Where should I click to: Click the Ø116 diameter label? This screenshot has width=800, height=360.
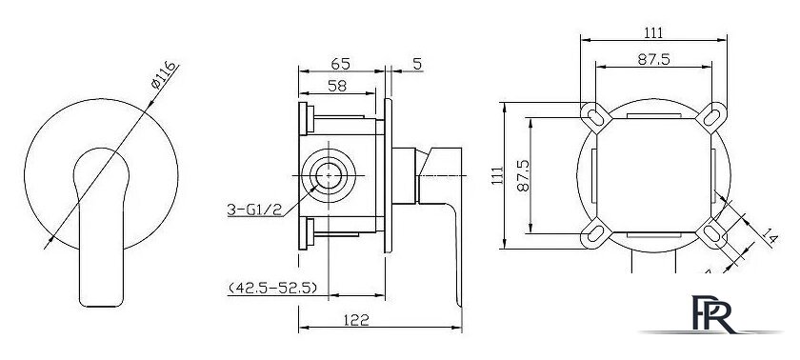164,75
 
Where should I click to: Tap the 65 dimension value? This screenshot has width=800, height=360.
340,64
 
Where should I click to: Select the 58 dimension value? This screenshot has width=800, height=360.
337,86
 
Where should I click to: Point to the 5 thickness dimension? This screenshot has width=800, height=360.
417,64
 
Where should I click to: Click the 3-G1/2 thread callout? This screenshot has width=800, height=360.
254,210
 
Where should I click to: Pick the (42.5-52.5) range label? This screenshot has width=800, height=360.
273,288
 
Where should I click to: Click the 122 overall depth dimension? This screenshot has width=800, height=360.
356,320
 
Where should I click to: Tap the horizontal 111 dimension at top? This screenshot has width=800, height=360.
653,32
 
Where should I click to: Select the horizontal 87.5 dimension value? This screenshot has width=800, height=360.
653,59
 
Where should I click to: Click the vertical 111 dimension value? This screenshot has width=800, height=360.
497,176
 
